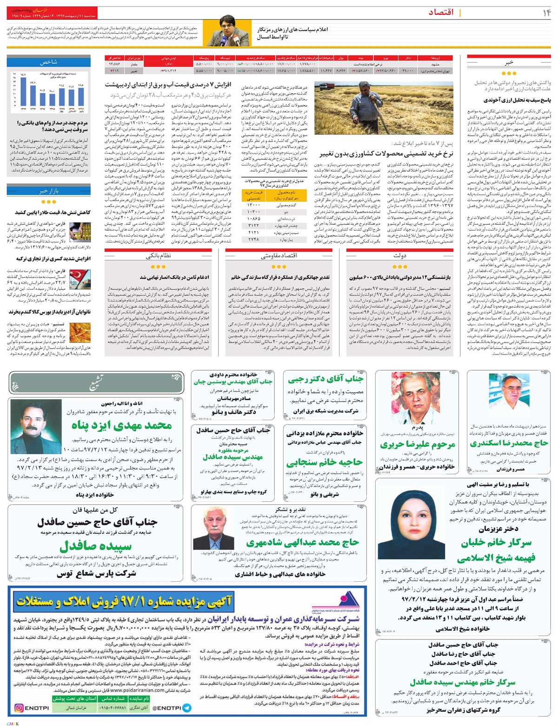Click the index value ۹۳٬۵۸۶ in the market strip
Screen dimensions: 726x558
click(x=114, y=63)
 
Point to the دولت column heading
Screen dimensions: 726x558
click(x=400, y=255)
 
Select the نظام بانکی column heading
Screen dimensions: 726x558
click(x=158, y=255)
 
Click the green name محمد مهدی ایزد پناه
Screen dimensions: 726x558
click(x=121, y=425)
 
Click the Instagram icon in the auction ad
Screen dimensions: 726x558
click(x=20, y=708)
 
